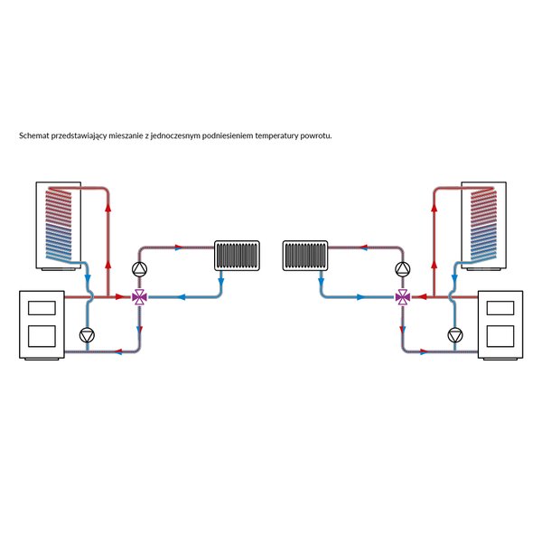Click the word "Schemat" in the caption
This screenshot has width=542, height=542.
34,135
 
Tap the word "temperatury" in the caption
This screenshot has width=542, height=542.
276,135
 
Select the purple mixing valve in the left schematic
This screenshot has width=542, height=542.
139,297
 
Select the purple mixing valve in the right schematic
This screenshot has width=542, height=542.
403,297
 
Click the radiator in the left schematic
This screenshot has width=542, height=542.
237,256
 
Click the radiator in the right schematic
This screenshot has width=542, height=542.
305,256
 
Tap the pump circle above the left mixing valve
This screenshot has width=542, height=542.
139,269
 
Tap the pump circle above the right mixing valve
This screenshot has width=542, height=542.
403,269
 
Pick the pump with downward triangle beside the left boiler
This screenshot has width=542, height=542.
87,335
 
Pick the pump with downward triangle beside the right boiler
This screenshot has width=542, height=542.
455,335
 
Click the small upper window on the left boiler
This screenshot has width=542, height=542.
42,308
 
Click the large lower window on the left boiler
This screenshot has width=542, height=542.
42,336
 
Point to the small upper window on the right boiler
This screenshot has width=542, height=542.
500,308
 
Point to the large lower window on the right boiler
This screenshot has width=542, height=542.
500,336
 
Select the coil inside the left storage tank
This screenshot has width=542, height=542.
59,224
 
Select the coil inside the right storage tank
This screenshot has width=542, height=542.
483,224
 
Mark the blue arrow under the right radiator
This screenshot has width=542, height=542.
321,277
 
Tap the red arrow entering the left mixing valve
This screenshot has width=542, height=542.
120,296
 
